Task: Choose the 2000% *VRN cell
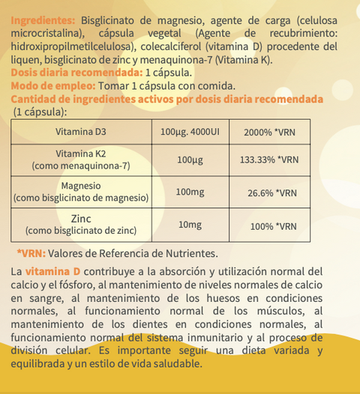point(271,133)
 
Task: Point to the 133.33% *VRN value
point(271,160)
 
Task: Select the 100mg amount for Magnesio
point(190,193)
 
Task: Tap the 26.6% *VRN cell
point(271,193)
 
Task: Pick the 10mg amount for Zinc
point(190,225)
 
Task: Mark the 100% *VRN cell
point(271,225)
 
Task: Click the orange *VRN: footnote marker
point(31,254)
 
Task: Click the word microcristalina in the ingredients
point(46,34)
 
